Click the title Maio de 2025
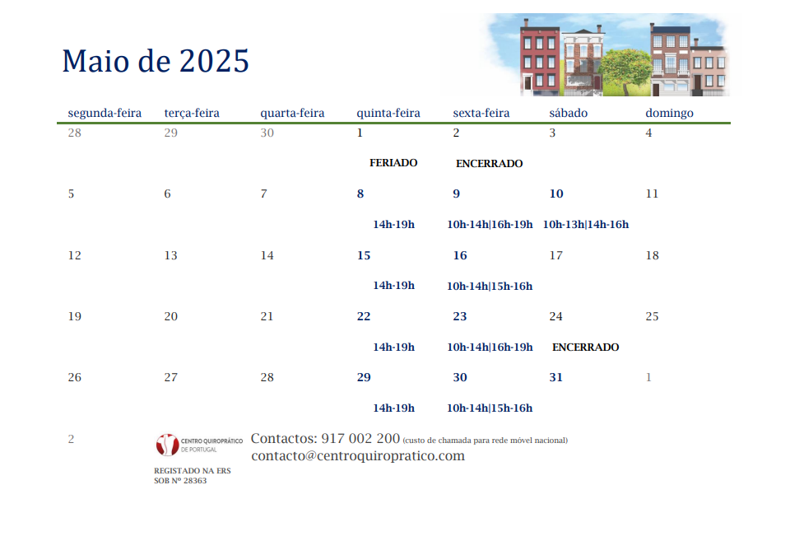coord(156,61)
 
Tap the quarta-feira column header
coord(292,113)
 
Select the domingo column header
coord(669,113)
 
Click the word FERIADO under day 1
coord(393,163)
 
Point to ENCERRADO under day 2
coord(489,163)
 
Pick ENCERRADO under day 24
coord(585,347)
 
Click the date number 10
coord(556,194)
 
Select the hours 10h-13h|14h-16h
coord(585,224)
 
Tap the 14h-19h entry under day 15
coord(393,285)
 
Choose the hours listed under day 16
coord(489,286)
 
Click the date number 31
coord(555,377)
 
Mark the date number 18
coord(652,255)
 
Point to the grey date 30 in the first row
coord(267,133)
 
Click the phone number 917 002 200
coord(360,438)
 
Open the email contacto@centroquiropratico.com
coord(358,455)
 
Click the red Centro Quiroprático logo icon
coord(167,445)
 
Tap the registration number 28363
coord(195,480)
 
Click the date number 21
coord(267,316)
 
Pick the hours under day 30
coord(489,408)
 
